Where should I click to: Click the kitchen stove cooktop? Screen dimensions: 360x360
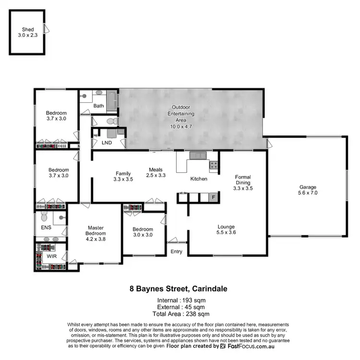click(214, 166)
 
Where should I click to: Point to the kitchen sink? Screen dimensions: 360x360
click(197, 155)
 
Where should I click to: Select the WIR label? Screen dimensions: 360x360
click(51, 257)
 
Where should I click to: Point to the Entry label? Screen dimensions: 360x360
click(176, 252)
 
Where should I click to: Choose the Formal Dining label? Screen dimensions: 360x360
click(242, 182)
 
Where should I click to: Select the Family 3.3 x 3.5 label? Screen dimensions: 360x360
click(123, 176)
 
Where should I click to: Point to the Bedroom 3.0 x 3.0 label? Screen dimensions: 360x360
click(143, 232)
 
